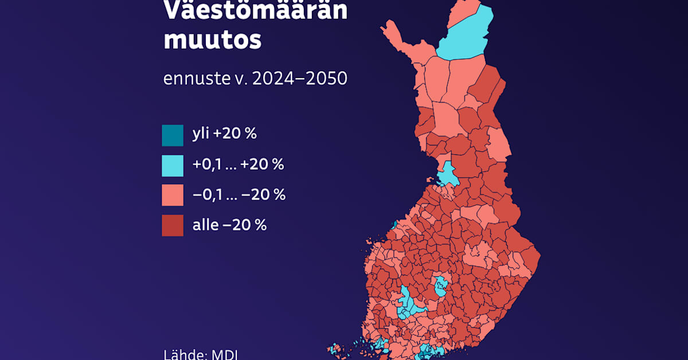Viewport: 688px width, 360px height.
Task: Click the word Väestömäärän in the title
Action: (255, 10)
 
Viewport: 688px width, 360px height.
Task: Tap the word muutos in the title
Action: (212, 41)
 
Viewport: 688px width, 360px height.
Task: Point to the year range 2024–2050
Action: (301, 78)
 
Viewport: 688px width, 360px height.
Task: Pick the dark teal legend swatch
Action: (173, 135)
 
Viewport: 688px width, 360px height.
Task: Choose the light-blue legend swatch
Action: (173, 166)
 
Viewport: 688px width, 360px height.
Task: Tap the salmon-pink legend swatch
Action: (173, 195)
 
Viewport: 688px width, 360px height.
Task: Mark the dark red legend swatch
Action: (173, 225)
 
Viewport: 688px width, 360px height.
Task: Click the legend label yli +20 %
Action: (224, 135)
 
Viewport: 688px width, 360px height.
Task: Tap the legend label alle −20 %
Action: (229, 225)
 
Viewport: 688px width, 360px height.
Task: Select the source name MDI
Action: (225, 354)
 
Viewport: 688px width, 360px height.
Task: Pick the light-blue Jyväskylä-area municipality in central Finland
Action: (440, 287)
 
